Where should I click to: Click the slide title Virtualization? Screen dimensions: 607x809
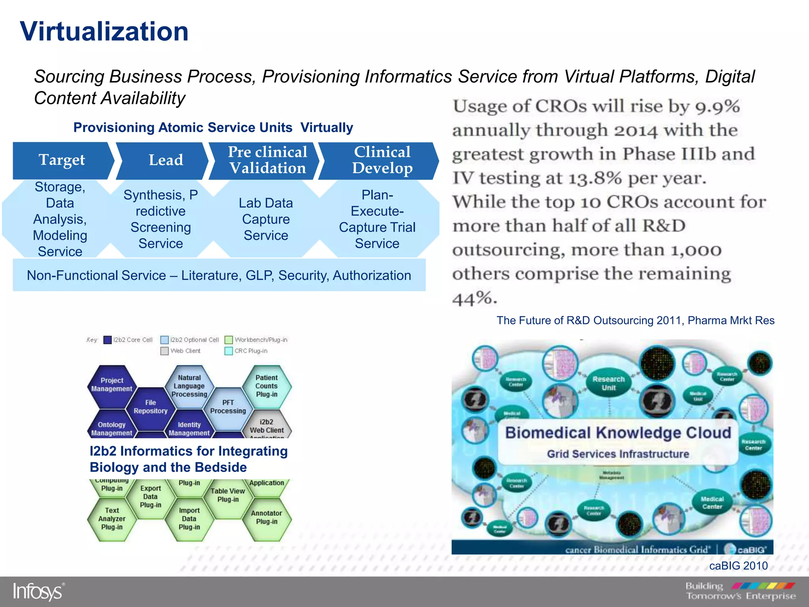[x=104, y=32]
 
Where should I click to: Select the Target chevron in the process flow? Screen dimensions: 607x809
[x=62, y=160]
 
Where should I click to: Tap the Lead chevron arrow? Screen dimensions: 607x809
[x=166, y=160]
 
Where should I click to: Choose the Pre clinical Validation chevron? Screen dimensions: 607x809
[x=267, y=160]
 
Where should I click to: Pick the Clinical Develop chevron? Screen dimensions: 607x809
[x=382, y=160]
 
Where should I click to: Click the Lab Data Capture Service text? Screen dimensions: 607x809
[x=266, y=219]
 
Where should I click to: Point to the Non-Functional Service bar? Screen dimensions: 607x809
[x=219, y=275]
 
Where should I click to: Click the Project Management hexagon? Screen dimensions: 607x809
[x=112, y=385]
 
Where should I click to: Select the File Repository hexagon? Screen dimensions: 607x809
[x=151, y=407]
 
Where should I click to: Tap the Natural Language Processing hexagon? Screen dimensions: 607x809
[x=189, y=386]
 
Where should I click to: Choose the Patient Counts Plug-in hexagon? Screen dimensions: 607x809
[x=267, y=386]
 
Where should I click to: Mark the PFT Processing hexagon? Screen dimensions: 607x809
[x=228, y=407]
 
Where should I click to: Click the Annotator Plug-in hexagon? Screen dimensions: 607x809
[x=267, y=517]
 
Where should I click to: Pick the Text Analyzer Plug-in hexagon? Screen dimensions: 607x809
[x=112, y=518]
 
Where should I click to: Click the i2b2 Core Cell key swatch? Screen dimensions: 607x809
[x=107, y=340]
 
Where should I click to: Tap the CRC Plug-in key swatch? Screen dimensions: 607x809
[x=229, y=351]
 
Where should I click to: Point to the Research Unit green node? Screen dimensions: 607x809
[x=609, y=383]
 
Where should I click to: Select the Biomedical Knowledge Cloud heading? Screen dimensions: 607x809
[x=618, y=433]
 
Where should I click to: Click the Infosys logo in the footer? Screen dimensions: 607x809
[x=38, y=592]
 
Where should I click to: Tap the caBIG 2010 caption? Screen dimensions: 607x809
[x=738, y=566]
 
